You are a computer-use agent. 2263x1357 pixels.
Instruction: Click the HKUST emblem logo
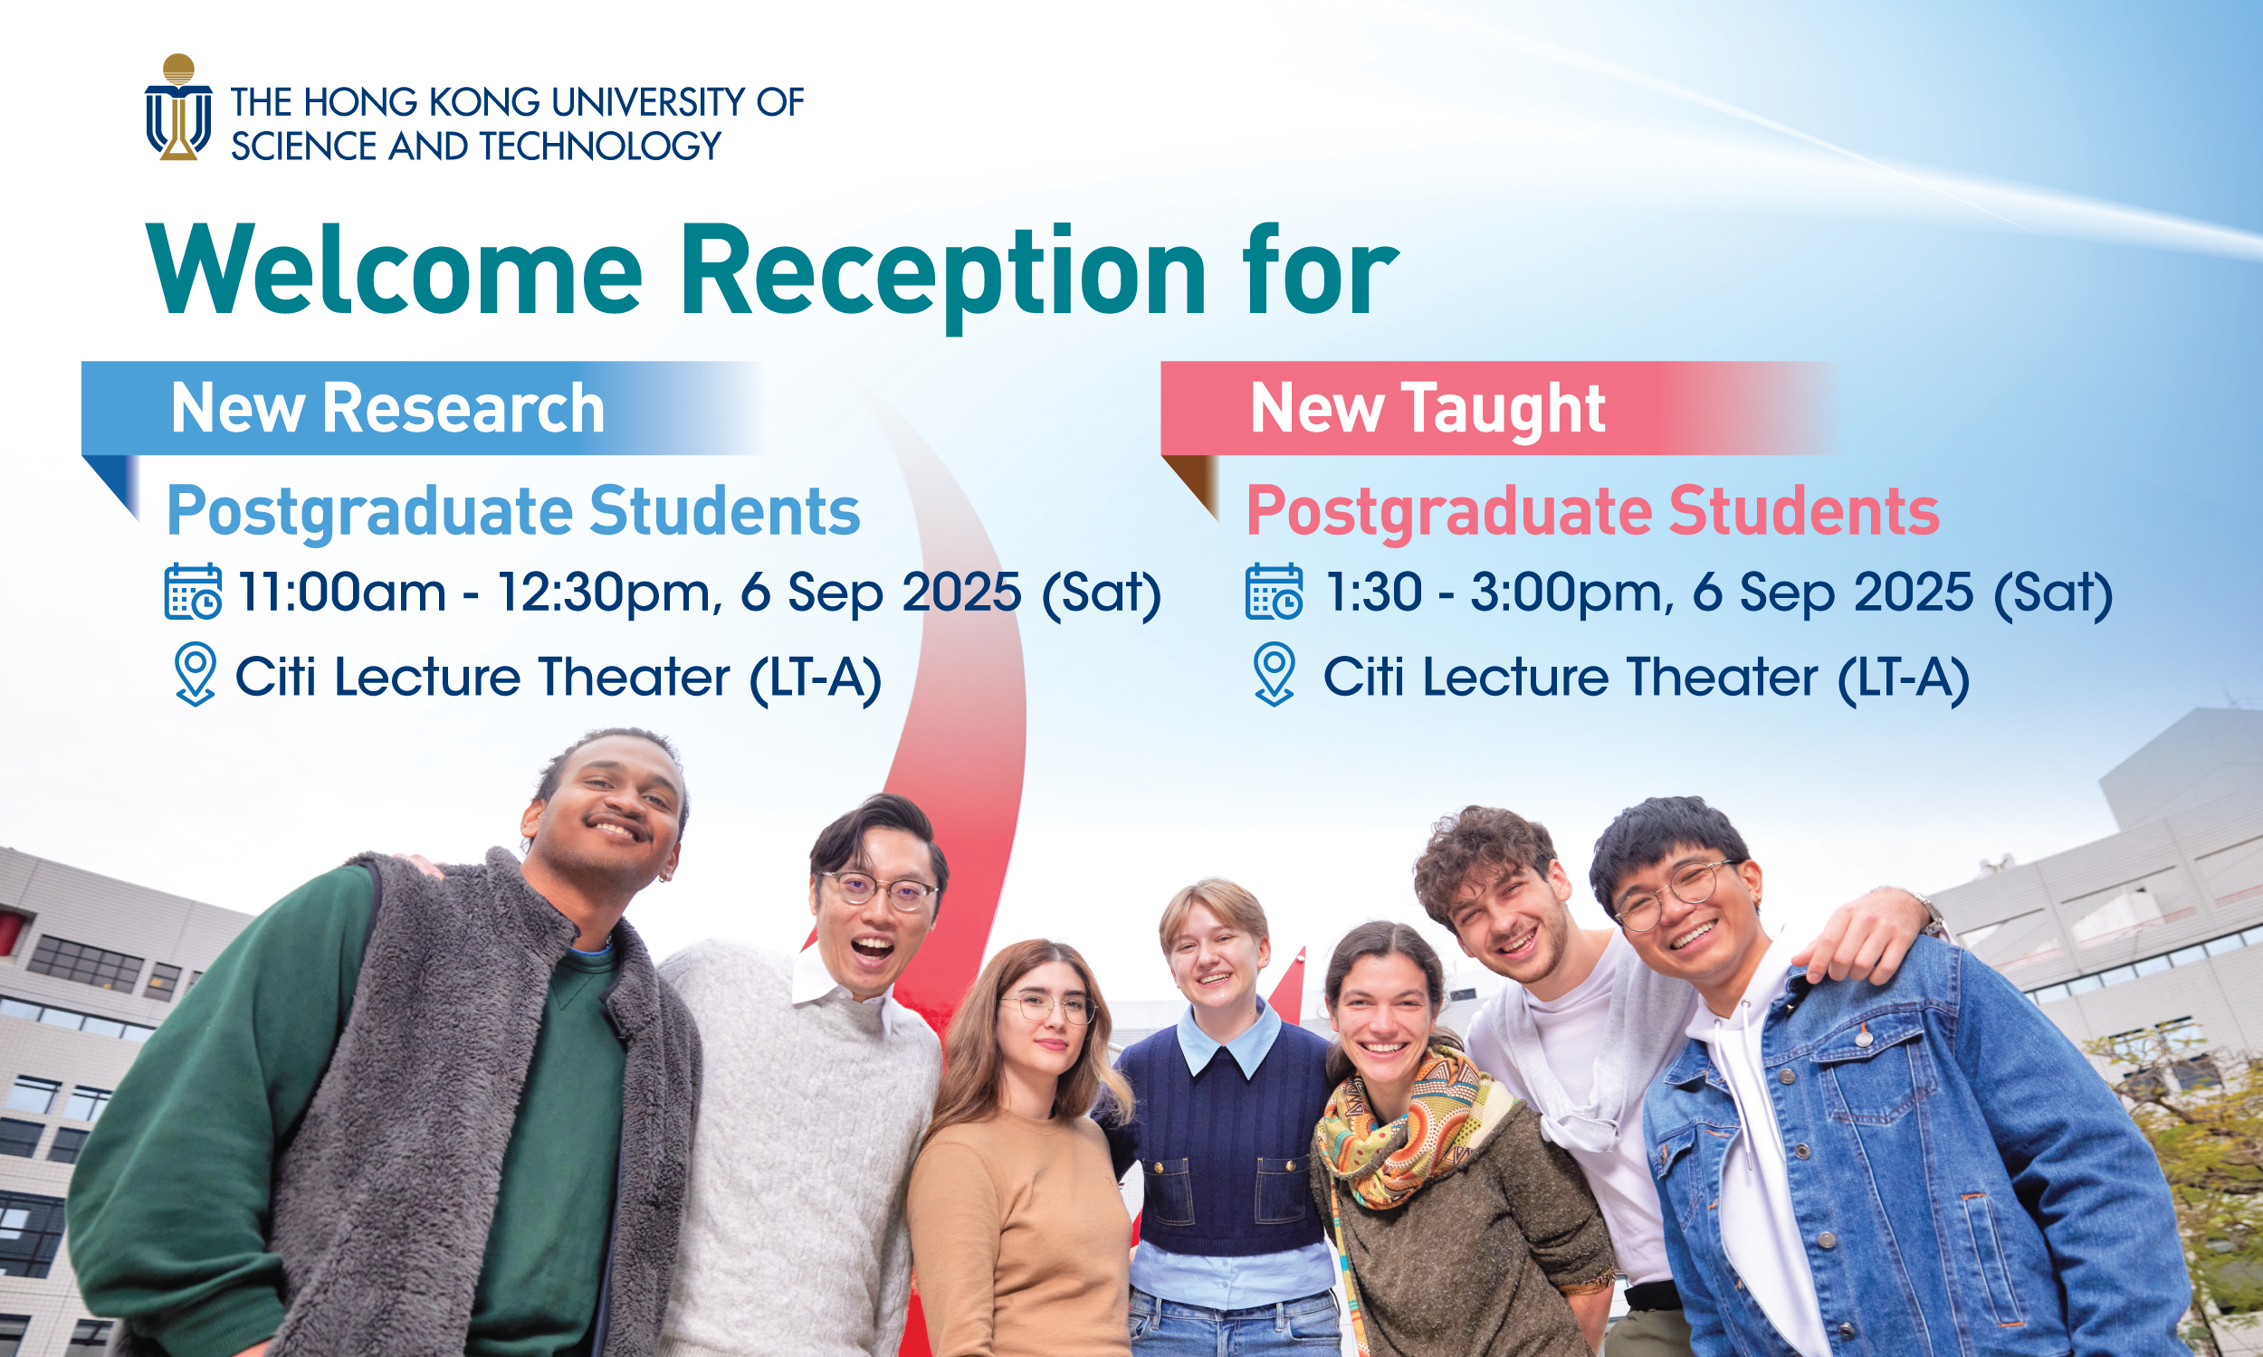[x=178, y=107]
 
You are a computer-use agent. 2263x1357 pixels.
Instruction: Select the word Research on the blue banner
[x=463, y=409]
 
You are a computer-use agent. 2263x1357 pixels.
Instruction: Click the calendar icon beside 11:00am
[x=193, y=592]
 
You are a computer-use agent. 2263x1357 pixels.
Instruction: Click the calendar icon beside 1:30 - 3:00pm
[x=1274, y=592]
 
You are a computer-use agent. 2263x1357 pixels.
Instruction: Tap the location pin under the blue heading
[x=195, y=674]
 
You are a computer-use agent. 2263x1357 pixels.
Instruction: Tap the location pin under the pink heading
[x=1275, y=674]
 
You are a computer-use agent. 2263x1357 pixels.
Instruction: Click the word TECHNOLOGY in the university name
[x=601, y=147]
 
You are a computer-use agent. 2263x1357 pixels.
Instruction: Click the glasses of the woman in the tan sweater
[x=1048, y=1007]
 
